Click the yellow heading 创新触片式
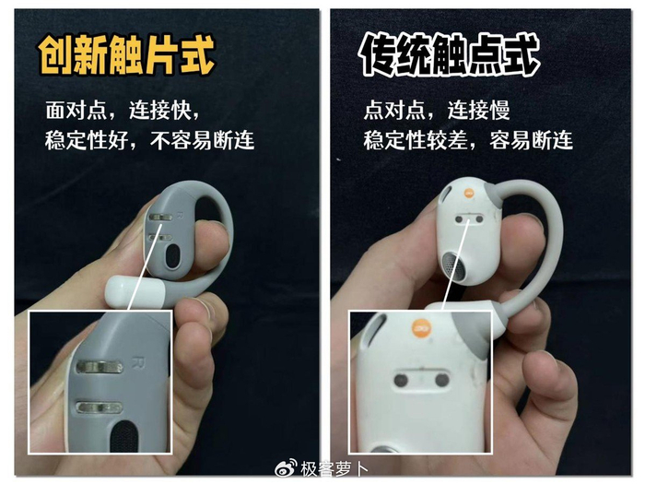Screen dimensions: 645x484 point(127,55)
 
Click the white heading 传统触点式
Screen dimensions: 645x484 point(450,55)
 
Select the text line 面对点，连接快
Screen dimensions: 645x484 point(123,111)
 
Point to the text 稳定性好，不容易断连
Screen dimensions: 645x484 point(149,140)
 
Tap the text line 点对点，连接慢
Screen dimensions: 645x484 point(437,111)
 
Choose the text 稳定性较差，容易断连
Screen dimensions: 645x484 point(468,140)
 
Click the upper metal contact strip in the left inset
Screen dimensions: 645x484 point(100,367)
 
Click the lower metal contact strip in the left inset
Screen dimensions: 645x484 point(100,407)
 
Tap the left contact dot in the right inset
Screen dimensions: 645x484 point(401,380)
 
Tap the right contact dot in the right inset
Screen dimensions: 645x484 point(441,380)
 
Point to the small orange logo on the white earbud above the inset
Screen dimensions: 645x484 point(469,193)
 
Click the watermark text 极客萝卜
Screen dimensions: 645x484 point(334,468)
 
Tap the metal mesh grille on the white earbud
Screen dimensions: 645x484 point(454,266)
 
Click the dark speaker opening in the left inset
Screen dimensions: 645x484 point(124,437)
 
